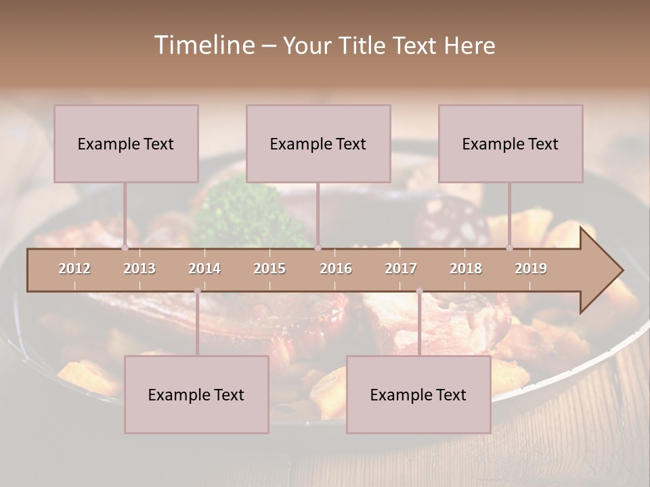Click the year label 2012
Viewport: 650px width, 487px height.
click(74, 269)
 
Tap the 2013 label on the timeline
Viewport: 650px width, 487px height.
click(139, 269)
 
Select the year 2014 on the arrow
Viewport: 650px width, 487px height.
click(204, 269)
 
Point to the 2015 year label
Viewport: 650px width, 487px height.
click(269, 269)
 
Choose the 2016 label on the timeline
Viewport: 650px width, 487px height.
click(336, 269)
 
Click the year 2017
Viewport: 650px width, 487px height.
click(401, 269)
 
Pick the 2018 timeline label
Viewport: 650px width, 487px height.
click(466, 269)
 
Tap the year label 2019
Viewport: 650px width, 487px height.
click(531, 269)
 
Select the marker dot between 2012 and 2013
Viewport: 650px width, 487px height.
click(125, 248)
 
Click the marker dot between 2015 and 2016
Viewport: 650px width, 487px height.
click(318, 248)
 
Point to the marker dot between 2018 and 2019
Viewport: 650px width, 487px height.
click(509, 248)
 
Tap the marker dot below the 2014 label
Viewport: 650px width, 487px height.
click(197, 291)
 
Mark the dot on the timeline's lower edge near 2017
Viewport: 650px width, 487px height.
click(419, 291)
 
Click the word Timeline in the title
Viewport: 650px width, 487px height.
click(204, 45)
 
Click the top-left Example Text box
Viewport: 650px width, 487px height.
click(126, 143)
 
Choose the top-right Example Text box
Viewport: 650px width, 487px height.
click(511, 143)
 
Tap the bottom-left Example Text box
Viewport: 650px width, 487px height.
click(196, 394)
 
